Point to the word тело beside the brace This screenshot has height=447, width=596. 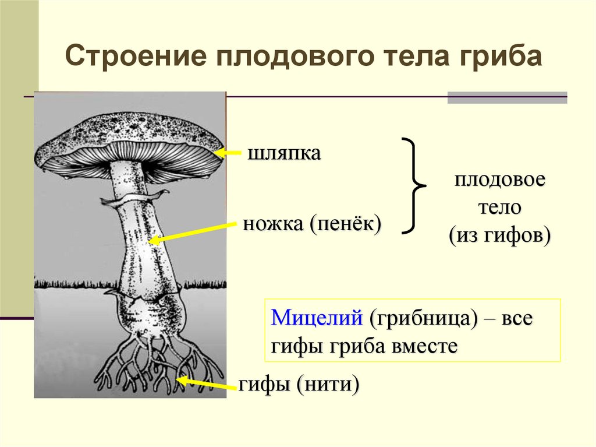tap(500, 207)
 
